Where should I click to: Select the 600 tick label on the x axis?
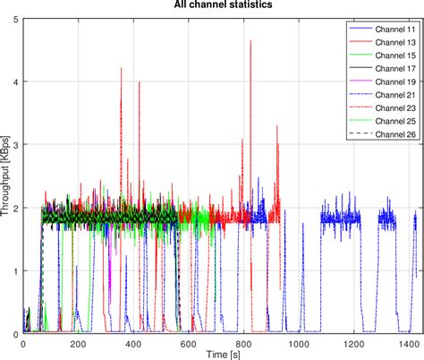click(188, 344)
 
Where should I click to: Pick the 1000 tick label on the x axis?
click(296, 344)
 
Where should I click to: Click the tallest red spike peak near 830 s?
click(250, 40)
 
